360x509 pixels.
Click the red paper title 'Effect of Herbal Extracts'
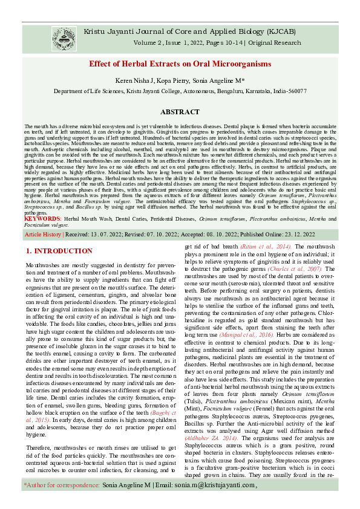pos(180,64)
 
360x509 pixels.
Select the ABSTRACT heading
pos(180,112)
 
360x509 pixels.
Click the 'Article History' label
pos(43,234)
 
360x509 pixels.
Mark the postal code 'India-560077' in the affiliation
pos(289,91)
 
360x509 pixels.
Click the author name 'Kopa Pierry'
pos(174,80)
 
